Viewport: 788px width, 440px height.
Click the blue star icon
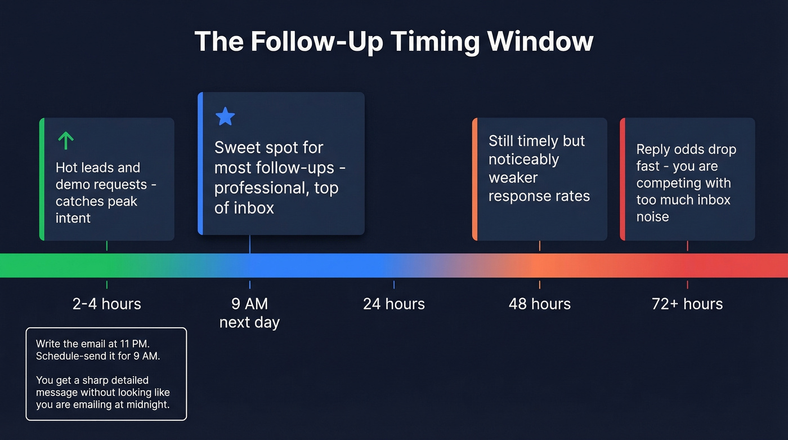coord(225,117)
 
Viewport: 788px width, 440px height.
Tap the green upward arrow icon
coord(66,140)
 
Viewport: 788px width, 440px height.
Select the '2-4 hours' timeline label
coord(106,304)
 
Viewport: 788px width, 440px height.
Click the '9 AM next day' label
coord(249,313)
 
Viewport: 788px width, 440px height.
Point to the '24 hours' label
coord(393,304)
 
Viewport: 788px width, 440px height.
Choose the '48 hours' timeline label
coord(539,304)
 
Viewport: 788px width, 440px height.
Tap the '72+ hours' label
coord(687,304)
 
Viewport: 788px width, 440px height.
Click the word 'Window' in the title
coord(540,42)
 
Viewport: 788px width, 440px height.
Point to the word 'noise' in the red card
coord(652,217)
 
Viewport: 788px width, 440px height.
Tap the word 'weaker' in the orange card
coord(513,178)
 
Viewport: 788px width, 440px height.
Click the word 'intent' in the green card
coord(73,218)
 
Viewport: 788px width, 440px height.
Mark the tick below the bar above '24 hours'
coord(393,285)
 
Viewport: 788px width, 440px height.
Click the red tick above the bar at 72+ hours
coord(687,246)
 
